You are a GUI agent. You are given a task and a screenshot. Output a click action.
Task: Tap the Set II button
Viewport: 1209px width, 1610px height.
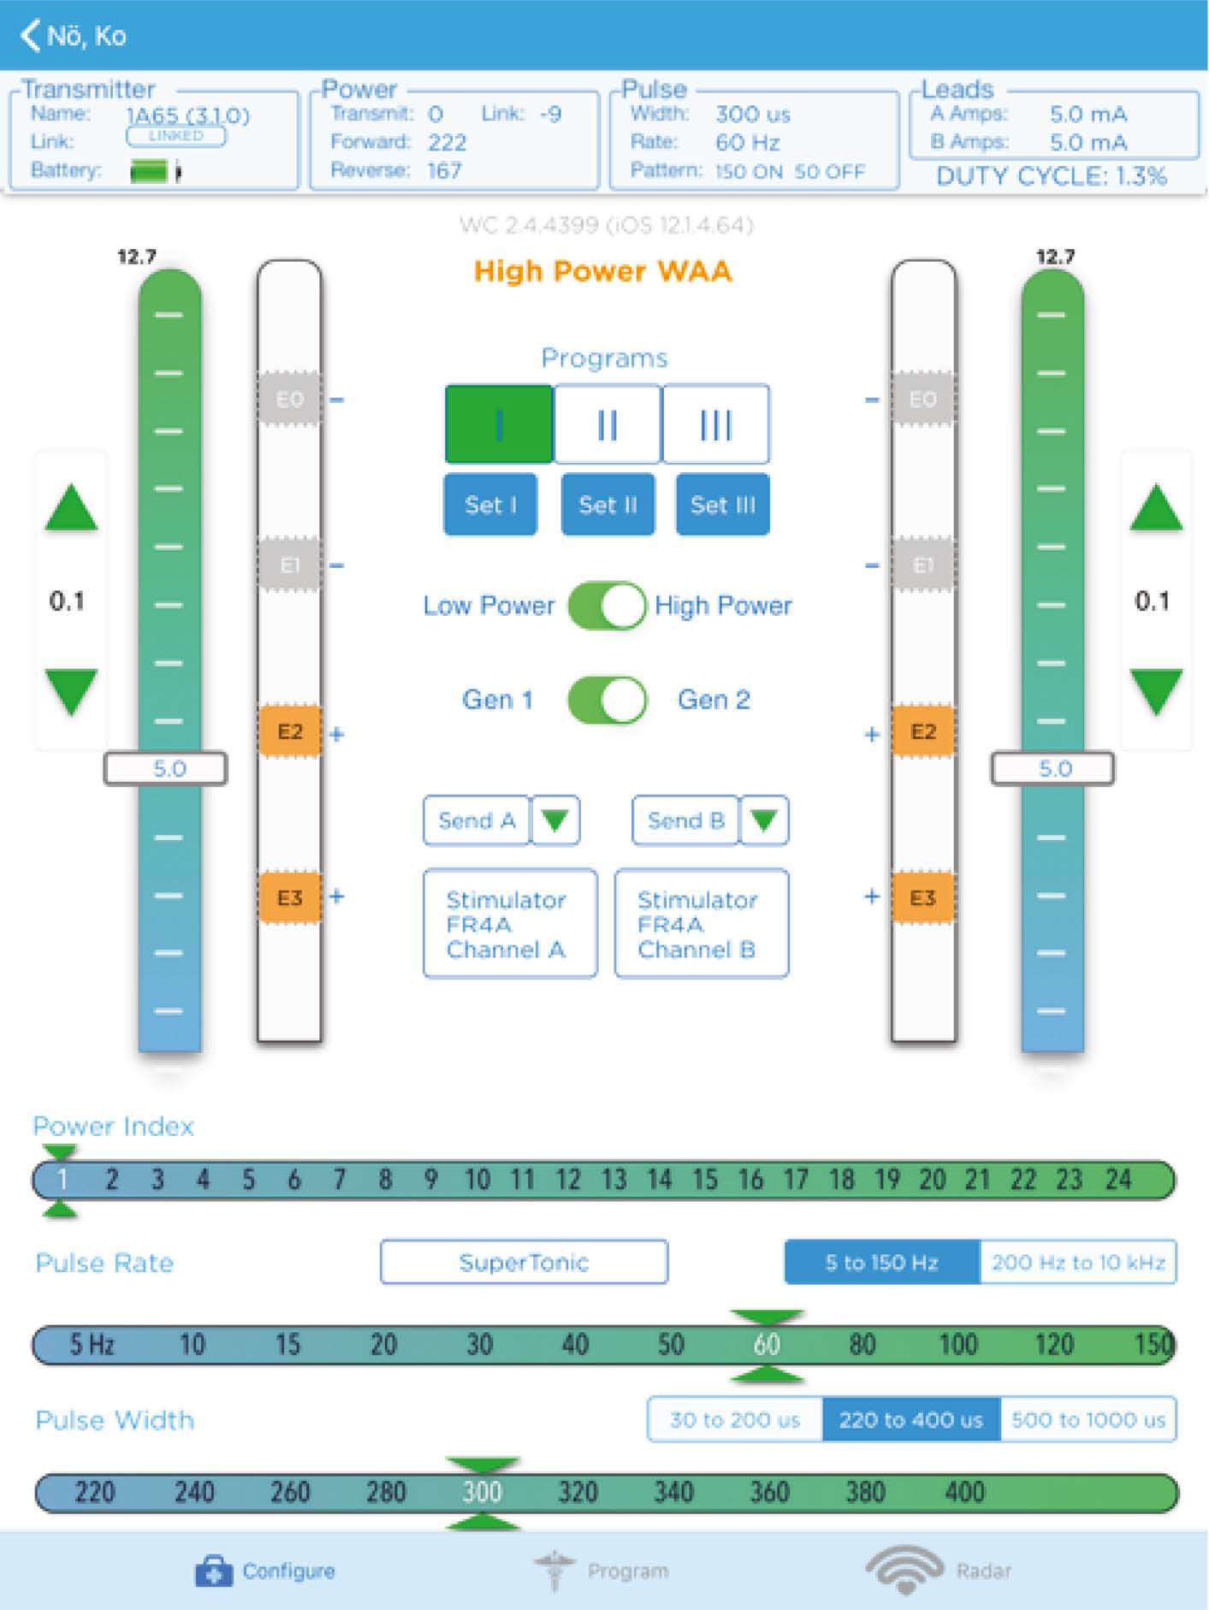607,505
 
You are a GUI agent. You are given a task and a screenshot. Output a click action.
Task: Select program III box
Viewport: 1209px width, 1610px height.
715,424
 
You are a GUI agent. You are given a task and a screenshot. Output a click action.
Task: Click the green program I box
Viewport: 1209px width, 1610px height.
499,424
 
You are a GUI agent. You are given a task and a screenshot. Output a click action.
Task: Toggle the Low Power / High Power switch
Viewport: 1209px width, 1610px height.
607,606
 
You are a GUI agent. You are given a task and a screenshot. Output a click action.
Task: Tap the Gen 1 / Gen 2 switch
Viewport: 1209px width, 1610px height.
607,700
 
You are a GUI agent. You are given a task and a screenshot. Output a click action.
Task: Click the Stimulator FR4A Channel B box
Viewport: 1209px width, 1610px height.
702,924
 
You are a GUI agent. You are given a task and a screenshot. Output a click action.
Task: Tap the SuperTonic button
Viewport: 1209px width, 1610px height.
524,1262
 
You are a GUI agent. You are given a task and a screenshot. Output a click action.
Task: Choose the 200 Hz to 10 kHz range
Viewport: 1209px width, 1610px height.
1078,1262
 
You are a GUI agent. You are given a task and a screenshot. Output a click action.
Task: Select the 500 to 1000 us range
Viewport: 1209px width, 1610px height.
1088,1420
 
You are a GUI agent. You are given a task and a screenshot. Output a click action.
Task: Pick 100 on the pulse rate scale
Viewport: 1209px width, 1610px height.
957,1345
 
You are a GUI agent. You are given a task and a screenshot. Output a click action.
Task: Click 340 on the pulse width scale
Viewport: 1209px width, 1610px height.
673,1492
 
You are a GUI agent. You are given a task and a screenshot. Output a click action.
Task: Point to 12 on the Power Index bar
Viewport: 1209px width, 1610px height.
568,1180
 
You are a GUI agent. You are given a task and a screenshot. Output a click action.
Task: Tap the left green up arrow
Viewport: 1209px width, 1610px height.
71,509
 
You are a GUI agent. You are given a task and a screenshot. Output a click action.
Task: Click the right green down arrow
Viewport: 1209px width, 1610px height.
1156,691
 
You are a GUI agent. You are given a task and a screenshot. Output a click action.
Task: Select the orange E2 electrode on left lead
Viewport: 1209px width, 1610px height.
290,731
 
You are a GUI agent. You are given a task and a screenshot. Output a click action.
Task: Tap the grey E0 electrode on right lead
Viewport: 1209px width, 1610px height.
922,399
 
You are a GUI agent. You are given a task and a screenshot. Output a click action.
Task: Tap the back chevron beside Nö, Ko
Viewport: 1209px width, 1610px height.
30,35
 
